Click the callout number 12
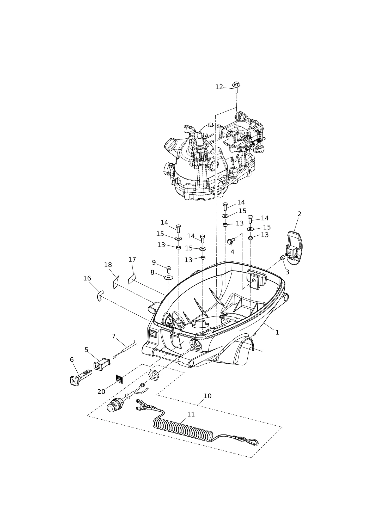(x=219, y=87)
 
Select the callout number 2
(x=299, y=214)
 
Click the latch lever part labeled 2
(x=295, y=248)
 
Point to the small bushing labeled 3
(x=282, y=258)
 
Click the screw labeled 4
(x=230, y=241)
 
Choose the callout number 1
(x=277, y=332)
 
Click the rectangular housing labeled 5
(x=102, y=364)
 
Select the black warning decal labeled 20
(x=119, y=379)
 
